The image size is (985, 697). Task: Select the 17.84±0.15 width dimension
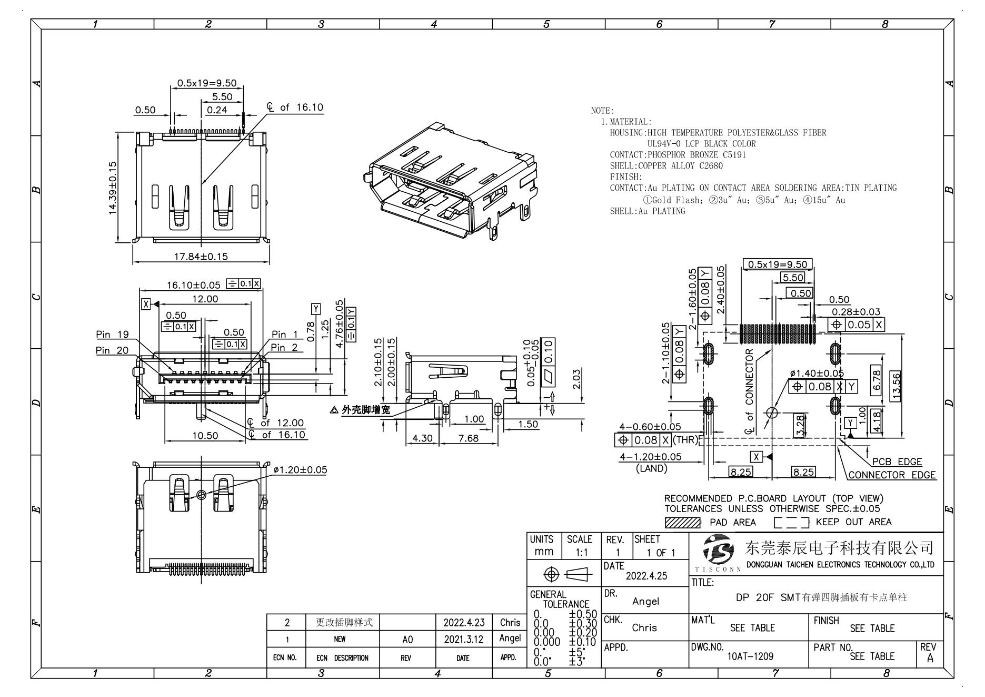pyautogui.click(x=201, y=257)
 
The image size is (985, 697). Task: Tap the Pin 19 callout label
pyautogui.click(x=112, y=335)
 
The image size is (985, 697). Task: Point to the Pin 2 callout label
pyautogui.click(x=285, y=347)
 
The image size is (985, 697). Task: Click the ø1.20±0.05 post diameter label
pyautogui.click(x=300, y=469)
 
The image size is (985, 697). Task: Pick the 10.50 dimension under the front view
pyautogui.click(x=205, y=436)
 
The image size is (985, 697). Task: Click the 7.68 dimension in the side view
pyautogui.click(x=468, y=438)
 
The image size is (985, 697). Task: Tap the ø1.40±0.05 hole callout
pyautogui.click(x=817, y=373)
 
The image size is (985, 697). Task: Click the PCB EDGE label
pyautogui.click(x=897, y=462)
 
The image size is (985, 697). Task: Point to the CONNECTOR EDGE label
pyautogui.click(x=892, y=475)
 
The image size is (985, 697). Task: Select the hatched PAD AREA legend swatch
pyautogui.click(x=683, y=522)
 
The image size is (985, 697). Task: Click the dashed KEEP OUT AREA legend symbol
pyautogui.click(x=792, y=523)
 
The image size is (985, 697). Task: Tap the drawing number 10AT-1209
pyautogui.click(x=750, y=656)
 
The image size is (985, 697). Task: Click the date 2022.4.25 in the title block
pyautogui.click(x=646, y=576)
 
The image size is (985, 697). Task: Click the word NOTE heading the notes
pyautogui.click(x=601, y=111)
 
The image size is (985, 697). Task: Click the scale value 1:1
pyautogui.click(x=579, y=553)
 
